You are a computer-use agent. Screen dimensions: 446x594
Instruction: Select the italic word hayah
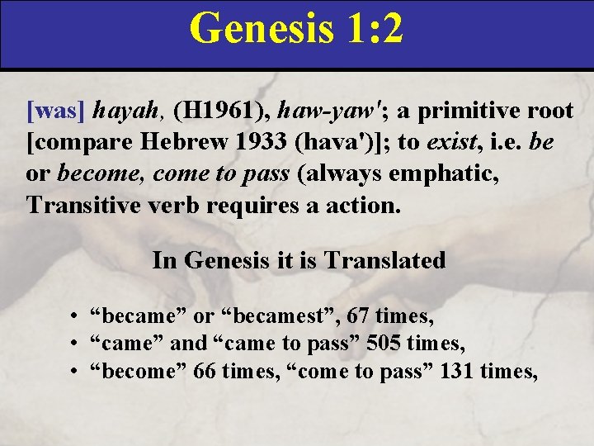tap(122, 110)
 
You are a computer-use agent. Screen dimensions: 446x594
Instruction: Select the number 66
tap(205, 372)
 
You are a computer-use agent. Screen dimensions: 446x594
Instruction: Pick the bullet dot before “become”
tap(75, 372)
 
